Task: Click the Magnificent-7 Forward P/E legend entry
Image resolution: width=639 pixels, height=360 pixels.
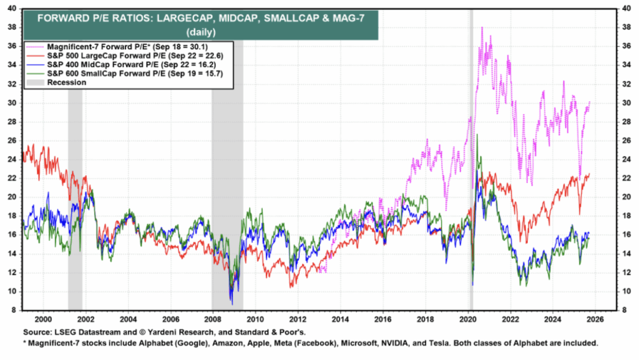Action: point(119,46)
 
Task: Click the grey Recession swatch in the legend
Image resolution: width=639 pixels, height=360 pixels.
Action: point(34,82)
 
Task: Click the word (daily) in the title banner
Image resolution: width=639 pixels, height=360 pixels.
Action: point(201,31)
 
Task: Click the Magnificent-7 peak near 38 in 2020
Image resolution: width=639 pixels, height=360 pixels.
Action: point(482,28)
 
